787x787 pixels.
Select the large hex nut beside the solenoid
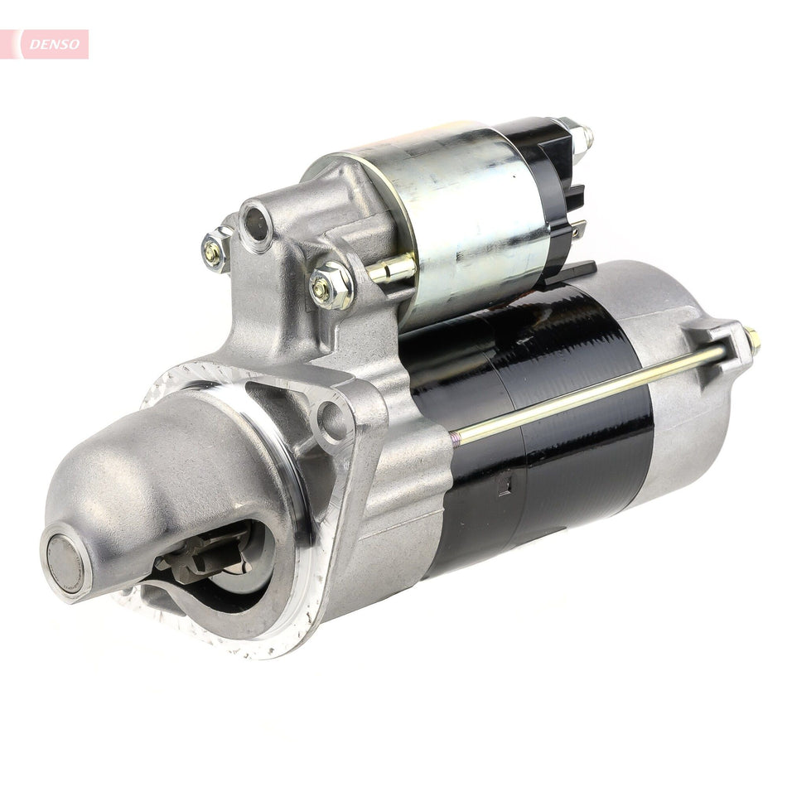click(x=331, y=287)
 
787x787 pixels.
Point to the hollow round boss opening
click(x=256, y=223)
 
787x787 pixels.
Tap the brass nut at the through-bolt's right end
click(x=752, y=338)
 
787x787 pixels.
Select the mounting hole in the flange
click(x=333, y=420)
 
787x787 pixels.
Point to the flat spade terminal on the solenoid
click(x=578, y=230)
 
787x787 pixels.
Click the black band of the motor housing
click(x=538, y=431)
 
